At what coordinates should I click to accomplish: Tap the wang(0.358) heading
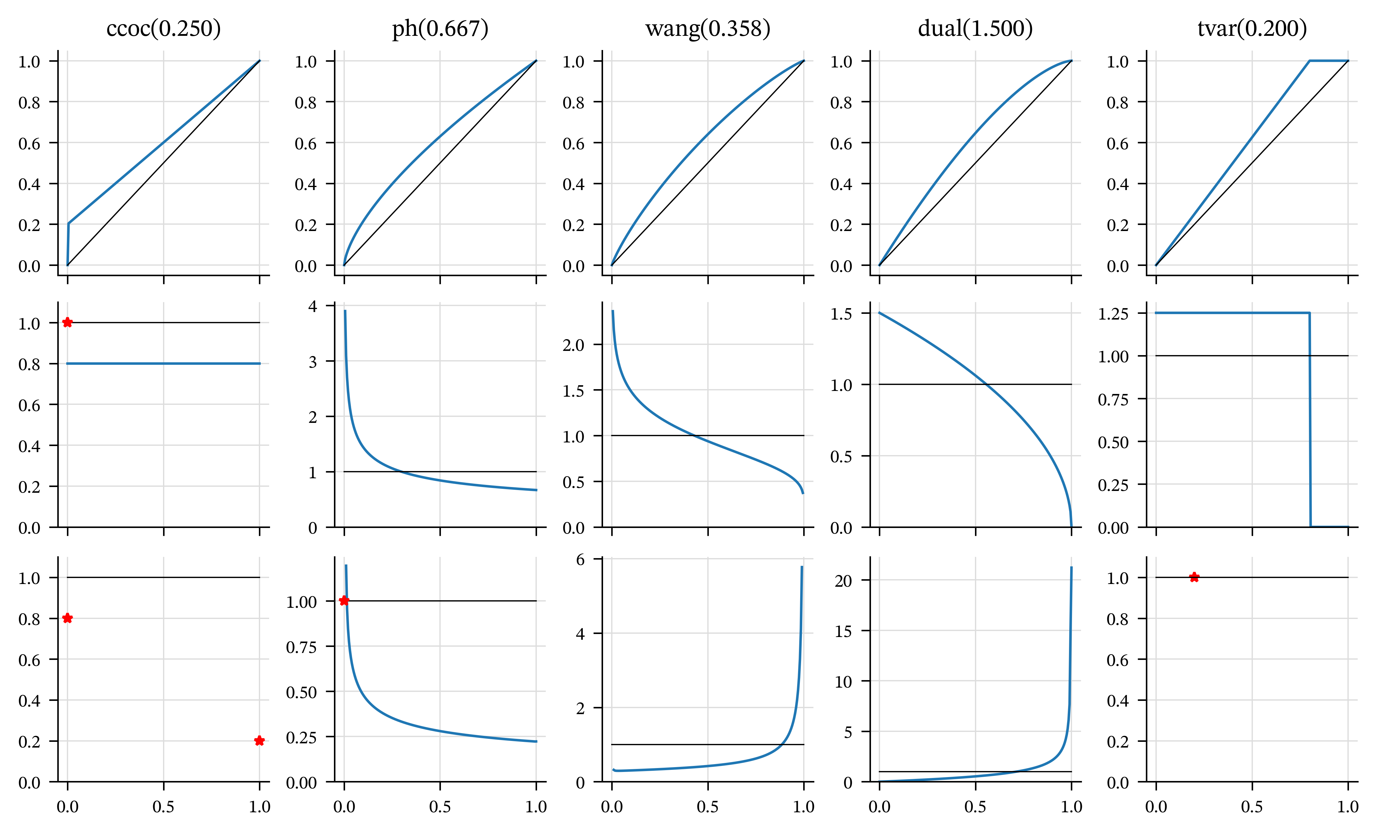(x=708, y=28)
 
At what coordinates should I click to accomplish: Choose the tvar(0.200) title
(x=1252, y=28)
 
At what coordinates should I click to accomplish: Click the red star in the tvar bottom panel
(x=1194, y=577)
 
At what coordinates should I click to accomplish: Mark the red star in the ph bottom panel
(x=344, y=601)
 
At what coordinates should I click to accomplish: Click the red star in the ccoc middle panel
(x=68, y=322)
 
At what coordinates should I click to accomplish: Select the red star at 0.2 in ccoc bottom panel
(x=259, y=741)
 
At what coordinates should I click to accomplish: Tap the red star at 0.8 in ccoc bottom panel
(x=68, y=618)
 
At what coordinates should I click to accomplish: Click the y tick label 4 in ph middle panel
(x=313, y=306)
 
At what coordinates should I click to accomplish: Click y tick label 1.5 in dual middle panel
(x=841, y=314)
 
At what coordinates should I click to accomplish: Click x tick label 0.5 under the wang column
(x=708, y=807)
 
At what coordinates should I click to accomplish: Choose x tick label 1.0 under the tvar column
(x=1348, y=807)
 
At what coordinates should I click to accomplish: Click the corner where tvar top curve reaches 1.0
(x=1309, y=61)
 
